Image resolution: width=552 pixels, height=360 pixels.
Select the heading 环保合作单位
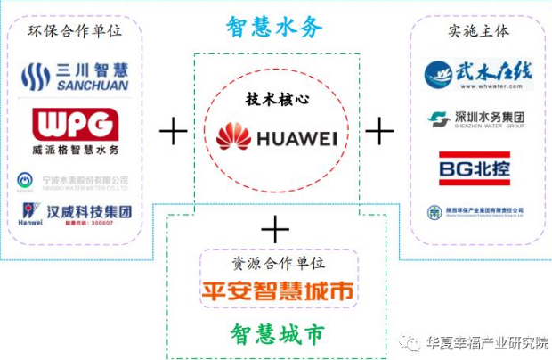point(75,31)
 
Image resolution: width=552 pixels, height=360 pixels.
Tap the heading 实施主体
point(478,31)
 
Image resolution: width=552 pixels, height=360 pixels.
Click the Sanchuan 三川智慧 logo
point(75,77)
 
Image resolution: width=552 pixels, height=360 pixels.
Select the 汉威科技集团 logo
point(75,214)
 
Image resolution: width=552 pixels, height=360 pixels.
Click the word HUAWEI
point(296,138)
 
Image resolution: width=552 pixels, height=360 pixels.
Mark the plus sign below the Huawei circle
point(276,229)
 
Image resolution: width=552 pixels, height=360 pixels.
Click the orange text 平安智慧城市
point(278,290)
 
